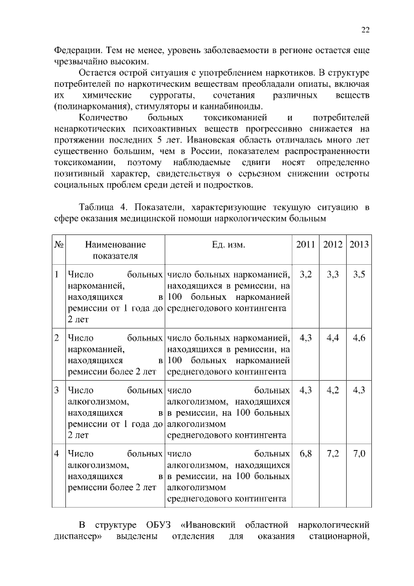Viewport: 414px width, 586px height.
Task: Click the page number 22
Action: (x=365, y=30)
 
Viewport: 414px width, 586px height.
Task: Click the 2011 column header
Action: (x=306, y=244)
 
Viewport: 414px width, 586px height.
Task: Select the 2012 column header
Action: (x=332, y=244)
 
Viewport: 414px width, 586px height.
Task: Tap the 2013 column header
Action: (x=359, y=244)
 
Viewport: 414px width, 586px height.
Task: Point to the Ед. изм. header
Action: (x=228, y=244)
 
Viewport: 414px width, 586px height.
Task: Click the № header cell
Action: (x=58, y=244)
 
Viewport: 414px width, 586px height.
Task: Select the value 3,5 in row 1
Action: (x=359, y=275)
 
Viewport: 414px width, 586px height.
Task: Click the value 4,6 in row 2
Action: (x=359, y=337)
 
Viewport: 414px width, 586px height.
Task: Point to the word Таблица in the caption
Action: (x=98, y=207)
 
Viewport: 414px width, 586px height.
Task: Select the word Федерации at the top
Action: (x=77, y=49)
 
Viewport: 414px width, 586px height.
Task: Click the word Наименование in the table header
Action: (x=114, y=244)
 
